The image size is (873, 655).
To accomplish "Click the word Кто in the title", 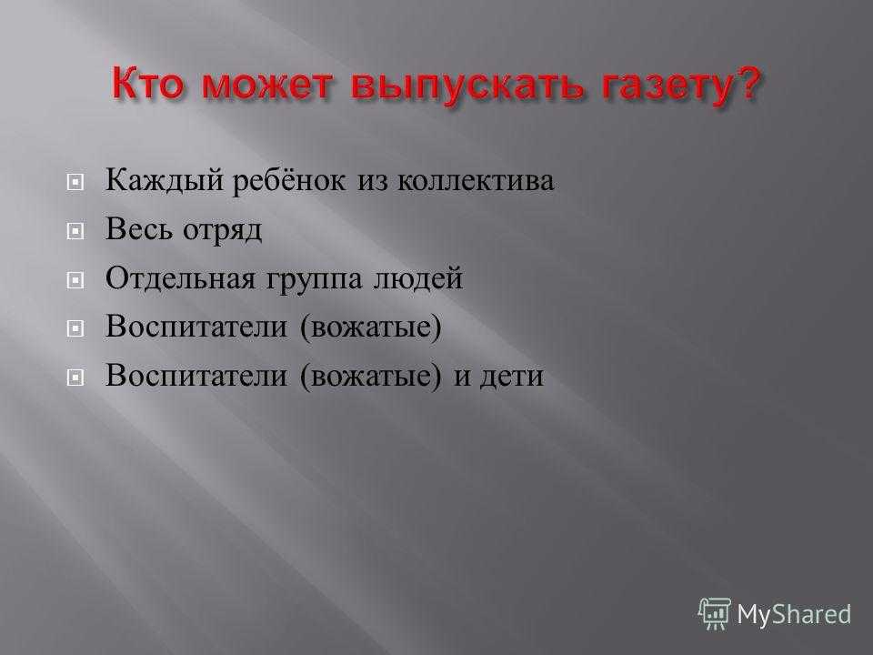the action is [x=147, y=83].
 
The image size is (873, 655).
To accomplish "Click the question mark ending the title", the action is [x=745, y=83].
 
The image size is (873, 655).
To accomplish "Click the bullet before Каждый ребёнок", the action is [x=75, y=182].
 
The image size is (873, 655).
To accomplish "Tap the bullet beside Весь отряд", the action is [x=75, y=230].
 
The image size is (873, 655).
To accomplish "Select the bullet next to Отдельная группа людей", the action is [x=75, y=279].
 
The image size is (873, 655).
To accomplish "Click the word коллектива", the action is [x=475, y=182].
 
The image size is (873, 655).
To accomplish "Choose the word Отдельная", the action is [x=180, y=278].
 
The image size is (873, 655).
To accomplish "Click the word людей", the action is [x=417, y=278].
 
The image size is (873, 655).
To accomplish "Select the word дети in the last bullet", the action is [x=512, y=377].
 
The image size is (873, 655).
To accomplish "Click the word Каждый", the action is [x=165, y=180].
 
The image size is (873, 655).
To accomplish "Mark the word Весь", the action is [x=138, y=229].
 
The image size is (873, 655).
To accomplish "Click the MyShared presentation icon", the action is [x=715, y=614].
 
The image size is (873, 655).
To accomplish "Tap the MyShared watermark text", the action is [x=794, y=615].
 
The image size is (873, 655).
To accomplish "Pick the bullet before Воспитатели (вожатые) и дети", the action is [x=75, y=378].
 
